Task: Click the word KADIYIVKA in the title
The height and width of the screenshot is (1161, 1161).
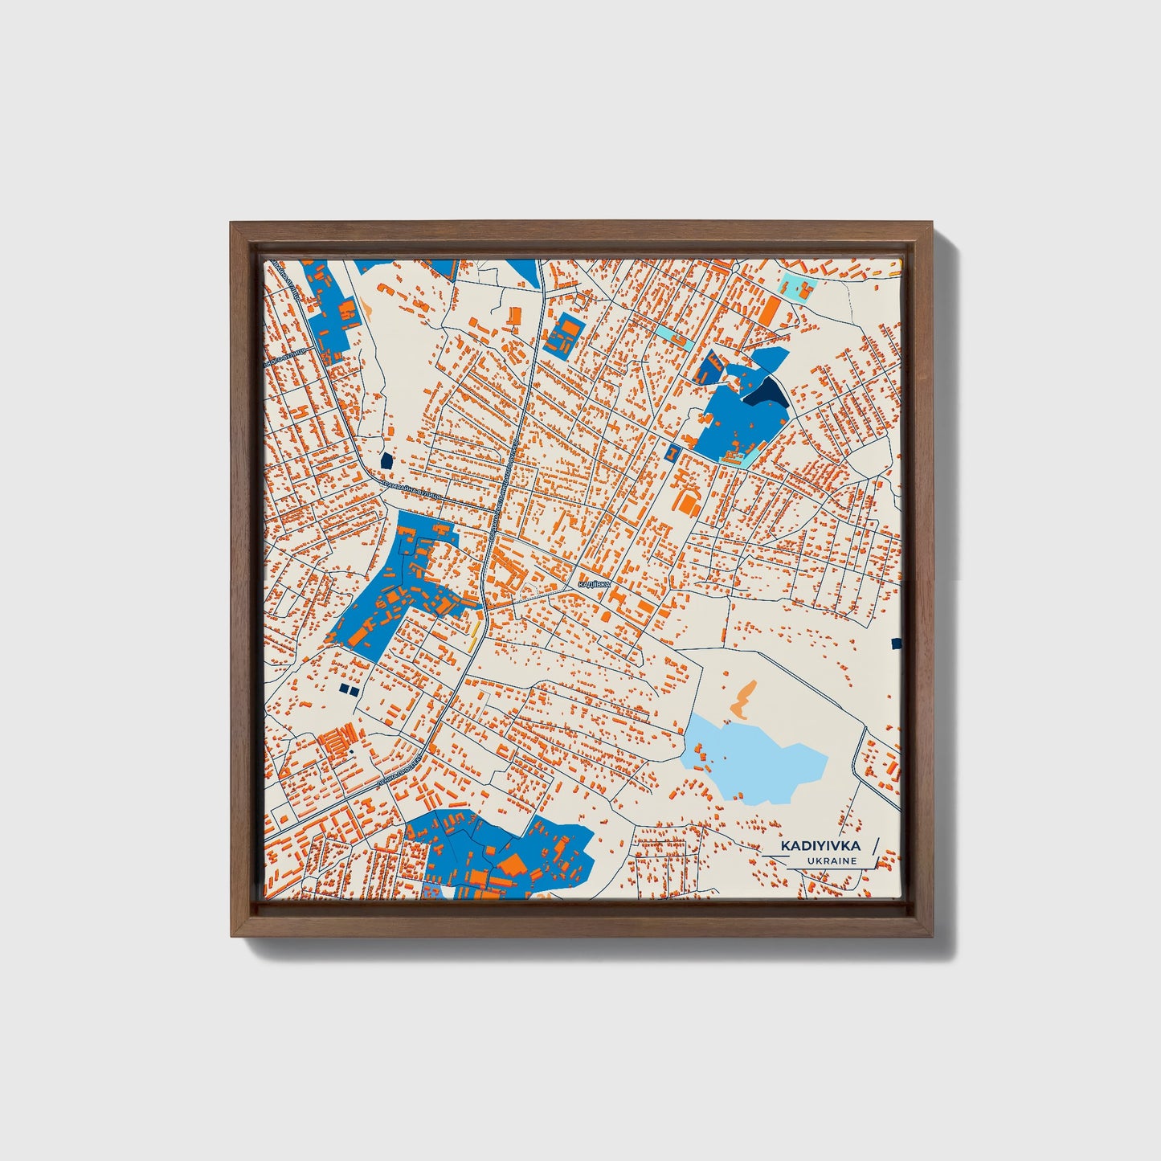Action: (x=820, y=845)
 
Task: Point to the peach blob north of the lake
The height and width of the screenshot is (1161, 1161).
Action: (x=744, y=700)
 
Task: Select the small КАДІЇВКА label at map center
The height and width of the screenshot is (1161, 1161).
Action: (x=594, y=585)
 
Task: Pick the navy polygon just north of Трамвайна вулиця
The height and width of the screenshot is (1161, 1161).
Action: (x=386, y=460)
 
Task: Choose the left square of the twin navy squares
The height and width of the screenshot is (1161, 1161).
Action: (x=344, y=689)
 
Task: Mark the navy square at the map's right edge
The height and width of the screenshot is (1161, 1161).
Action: (x=897, y=643)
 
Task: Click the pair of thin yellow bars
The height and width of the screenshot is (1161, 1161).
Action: (x=475, y=631)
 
